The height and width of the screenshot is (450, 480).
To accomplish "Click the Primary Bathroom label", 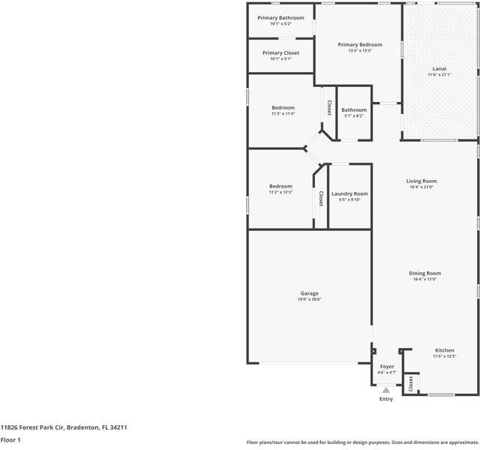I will coord(280,17).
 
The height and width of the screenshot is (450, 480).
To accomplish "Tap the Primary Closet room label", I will coord(280,52).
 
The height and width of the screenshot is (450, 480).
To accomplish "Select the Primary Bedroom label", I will coord(360,45).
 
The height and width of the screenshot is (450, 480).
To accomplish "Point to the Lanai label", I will coord(439,68).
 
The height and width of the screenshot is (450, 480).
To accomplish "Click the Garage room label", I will coord(310,293).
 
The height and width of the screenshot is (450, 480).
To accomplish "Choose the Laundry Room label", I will coord(349,193).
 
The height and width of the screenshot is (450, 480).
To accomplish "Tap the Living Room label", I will coord(421,181).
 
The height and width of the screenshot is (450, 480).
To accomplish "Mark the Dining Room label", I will coord(424,273).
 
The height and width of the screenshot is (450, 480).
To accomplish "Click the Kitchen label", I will coord(445,350).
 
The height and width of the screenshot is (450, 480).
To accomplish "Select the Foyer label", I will coord(386,366).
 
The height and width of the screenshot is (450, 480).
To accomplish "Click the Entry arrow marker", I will coord(386,390).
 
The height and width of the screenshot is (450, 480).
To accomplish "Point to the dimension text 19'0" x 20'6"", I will coord(310,299).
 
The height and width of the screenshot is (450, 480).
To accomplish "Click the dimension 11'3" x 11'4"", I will coord(283,114).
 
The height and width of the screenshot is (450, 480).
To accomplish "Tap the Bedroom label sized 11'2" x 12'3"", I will coord(280,186).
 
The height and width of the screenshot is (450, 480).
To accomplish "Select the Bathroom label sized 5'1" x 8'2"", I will coord(354,109).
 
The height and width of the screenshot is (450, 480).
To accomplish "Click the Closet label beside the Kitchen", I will coord(411,384).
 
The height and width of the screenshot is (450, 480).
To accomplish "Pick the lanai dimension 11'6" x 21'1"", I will coord(439,75).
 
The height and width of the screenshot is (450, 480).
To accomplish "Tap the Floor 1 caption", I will coord(10,439).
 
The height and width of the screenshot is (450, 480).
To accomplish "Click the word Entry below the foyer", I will coord(386,399).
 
